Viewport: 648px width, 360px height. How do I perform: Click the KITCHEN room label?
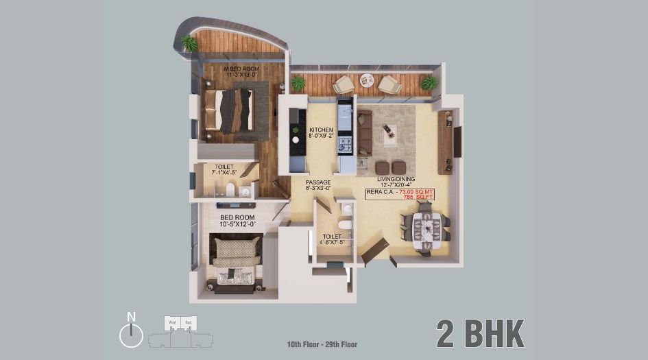pos(321,130)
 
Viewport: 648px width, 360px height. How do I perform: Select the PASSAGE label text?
pos(318,182)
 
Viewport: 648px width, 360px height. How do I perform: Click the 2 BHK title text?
pos(480,333)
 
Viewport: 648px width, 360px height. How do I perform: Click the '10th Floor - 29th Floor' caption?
pos(322,344)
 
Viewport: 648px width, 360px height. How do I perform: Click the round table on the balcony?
pos(367,82)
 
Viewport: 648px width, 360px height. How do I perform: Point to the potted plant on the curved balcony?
pos(190,43)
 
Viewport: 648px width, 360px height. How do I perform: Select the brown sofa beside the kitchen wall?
pos(365,132)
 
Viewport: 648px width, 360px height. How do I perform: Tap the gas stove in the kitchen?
pos(345,145)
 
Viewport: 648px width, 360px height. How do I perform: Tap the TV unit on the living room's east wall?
pos(446,142)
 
